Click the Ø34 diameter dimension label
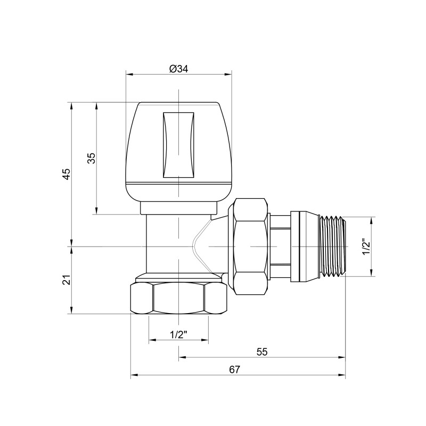click(x=179, y=69)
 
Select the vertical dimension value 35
click(x=91, y=158)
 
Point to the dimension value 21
click(x=67, y=280)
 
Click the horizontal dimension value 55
click(x=261, y=352)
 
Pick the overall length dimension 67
click(x=235, y=369)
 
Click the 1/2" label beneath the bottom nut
click(x=178, y=334)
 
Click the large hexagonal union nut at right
click(x=249, y=246)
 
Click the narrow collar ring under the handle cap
click(x=179, y=207)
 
